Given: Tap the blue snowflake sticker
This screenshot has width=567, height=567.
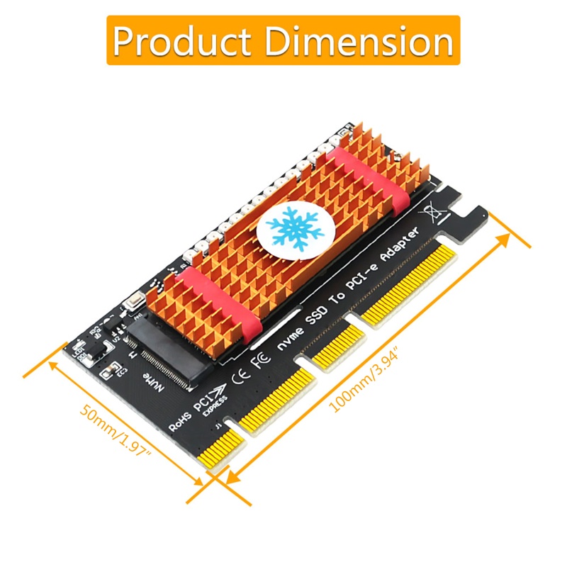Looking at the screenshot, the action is pos(293,228).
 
